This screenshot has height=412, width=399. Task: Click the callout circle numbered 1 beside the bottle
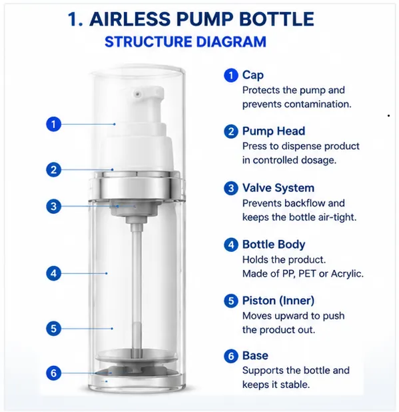coord(53,124)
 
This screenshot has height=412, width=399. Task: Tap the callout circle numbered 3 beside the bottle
coord(53,206)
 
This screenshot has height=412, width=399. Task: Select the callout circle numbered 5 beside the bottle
coord(53,329)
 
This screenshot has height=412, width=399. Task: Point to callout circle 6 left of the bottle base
coord(53,373)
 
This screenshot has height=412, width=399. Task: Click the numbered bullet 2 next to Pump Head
coord(231,131)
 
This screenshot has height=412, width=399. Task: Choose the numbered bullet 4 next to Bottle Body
coord(231,245)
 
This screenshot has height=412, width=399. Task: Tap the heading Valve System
coord(278,188)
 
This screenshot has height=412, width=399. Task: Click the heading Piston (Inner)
coord(278,301)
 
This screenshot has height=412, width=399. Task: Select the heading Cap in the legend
coord(252,75)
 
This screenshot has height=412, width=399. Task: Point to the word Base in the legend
coord(255,355)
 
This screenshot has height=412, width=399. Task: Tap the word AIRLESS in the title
coord(130,19)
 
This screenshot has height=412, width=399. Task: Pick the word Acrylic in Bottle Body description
coord(347,274)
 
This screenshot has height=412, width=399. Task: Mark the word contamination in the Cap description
coord(318,104)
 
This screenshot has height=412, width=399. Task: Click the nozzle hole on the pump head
coord(137,93)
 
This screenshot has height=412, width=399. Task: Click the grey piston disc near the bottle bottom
coord(136,355)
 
